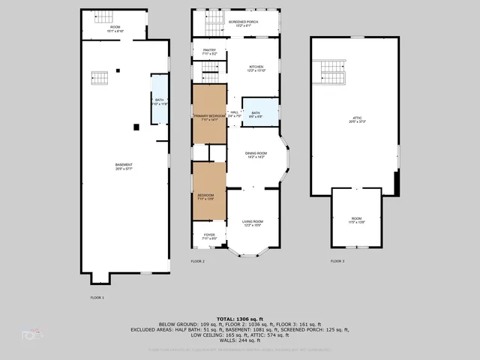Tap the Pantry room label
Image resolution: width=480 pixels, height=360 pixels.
click(x=209, y=52)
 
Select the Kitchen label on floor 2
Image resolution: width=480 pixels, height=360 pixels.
click(x=256, y=68)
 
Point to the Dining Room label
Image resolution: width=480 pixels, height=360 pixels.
click(x=256, y=155)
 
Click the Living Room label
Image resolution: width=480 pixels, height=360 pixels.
click(x=253, y=222)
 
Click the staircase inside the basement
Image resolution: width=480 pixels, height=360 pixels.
click(x=100, y=77)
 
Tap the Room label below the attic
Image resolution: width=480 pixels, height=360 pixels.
click(x=355, y=219)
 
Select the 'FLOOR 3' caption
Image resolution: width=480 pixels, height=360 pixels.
click(x=337, y=261)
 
